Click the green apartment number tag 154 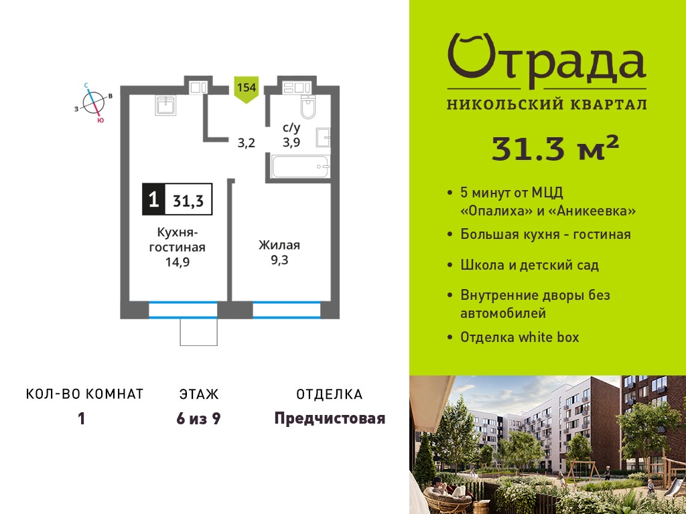pyautogui.click(x=247, y=90)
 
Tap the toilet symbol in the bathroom pyautogui.click(x=308, y=107)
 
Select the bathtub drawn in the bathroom pyautogui.click(x=299, y=167)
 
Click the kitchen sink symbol pyautogui.click(x=165, y=105)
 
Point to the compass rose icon pyautogui.click(x=94, y=102)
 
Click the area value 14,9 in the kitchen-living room pyautogui.click(x=177, y=262)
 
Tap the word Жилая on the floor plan pyautogui.click(x=279, y=245)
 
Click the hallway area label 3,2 pyautogui.click(x=247, y=143)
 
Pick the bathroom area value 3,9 pyautogui.click(x=291, y=142)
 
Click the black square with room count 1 pyautogui.click(x=153, y=199)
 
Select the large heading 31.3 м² pyautogui.click(x=555, y=148)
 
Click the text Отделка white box pyautogui.click(x=519, y=337)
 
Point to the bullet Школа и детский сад pyautogui.click(x=529, y=265)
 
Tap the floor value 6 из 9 pyautogui.click(x=198, y=419)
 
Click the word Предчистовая pyautogui.click(x=330, y=419)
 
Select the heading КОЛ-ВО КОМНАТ pyautogui.click(x=85, y=394)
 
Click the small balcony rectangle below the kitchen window pyautogui.click(x=198, y=332)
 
